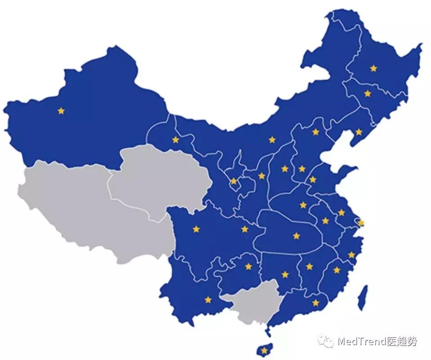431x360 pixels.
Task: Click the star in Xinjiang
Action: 61,111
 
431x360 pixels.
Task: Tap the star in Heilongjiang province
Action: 373,68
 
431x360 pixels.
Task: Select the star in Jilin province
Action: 368,93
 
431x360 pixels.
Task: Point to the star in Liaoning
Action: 359,132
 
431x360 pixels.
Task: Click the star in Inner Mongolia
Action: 272,140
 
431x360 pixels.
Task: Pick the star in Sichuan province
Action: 196,229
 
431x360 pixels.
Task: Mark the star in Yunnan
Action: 208,299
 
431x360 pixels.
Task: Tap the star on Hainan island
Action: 264,350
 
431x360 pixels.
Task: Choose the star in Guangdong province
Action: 315,303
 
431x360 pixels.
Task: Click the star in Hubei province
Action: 296,236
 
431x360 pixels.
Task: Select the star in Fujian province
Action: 337,270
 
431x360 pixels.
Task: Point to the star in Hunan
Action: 285,274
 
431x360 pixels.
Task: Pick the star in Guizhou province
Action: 249,267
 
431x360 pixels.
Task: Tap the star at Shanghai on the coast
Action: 361,222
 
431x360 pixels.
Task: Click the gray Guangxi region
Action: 250,303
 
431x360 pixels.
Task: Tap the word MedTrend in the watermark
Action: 359,342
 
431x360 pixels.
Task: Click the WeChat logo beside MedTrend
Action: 326,342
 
